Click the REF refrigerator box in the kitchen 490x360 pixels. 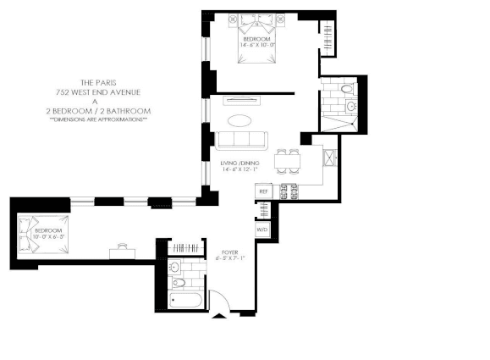click(262, 192)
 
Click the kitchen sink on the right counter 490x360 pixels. click(331, 158)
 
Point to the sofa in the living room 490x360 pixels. click(242, 141)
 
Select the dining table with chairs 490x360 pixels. click(290, 158)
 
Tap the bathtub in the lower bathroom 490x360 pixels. click(184, 299)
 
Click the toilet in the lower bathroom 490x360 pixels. click(176, 268)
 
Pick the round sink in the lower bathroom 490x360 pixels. click(179, 283)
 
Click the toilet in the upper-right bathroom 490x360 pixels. click(347, 91)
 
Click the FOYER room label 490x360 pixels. click(228, 252)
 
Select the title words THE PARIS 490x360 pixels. click(99, 83)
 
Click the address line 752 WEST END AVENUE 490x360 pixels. click(100, 92)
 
